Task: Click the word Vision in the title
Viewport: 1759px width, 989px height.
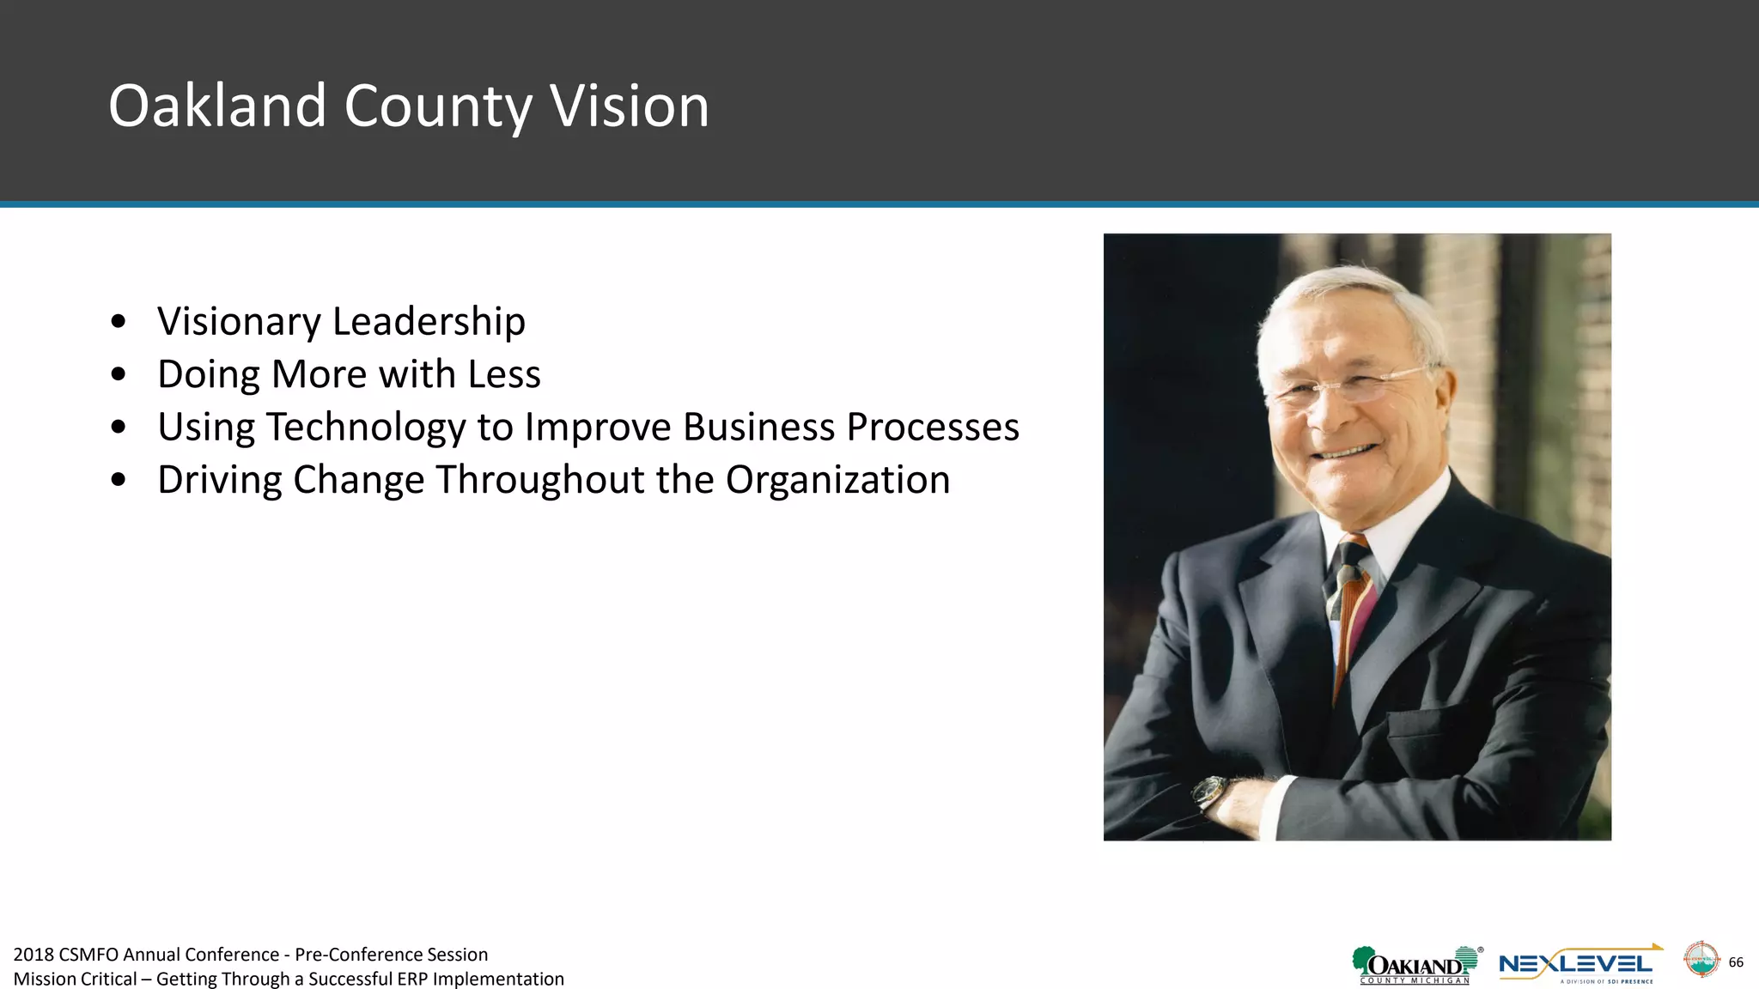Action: [629, 106]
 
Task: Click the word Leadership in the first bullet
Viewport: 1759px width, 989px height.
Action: [429, 321]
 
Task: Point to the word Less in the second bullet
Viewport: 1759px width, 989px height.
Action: [504, 374]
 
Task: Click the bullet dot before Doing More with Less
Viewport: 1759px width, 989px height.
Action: [119, 375]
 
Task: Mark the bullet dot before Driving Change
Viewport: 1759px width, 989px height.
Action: [119, 481]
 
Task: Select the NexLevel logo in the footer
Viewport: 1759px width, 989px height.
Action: [1579, 965]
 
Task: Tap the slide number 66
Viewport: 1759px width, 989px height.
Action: [1736, 962]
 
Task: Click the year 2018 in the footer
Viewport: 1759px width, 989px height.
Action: [33, 955]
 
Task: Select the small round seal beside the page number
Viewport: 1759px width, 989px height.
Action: [1701, 960]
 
